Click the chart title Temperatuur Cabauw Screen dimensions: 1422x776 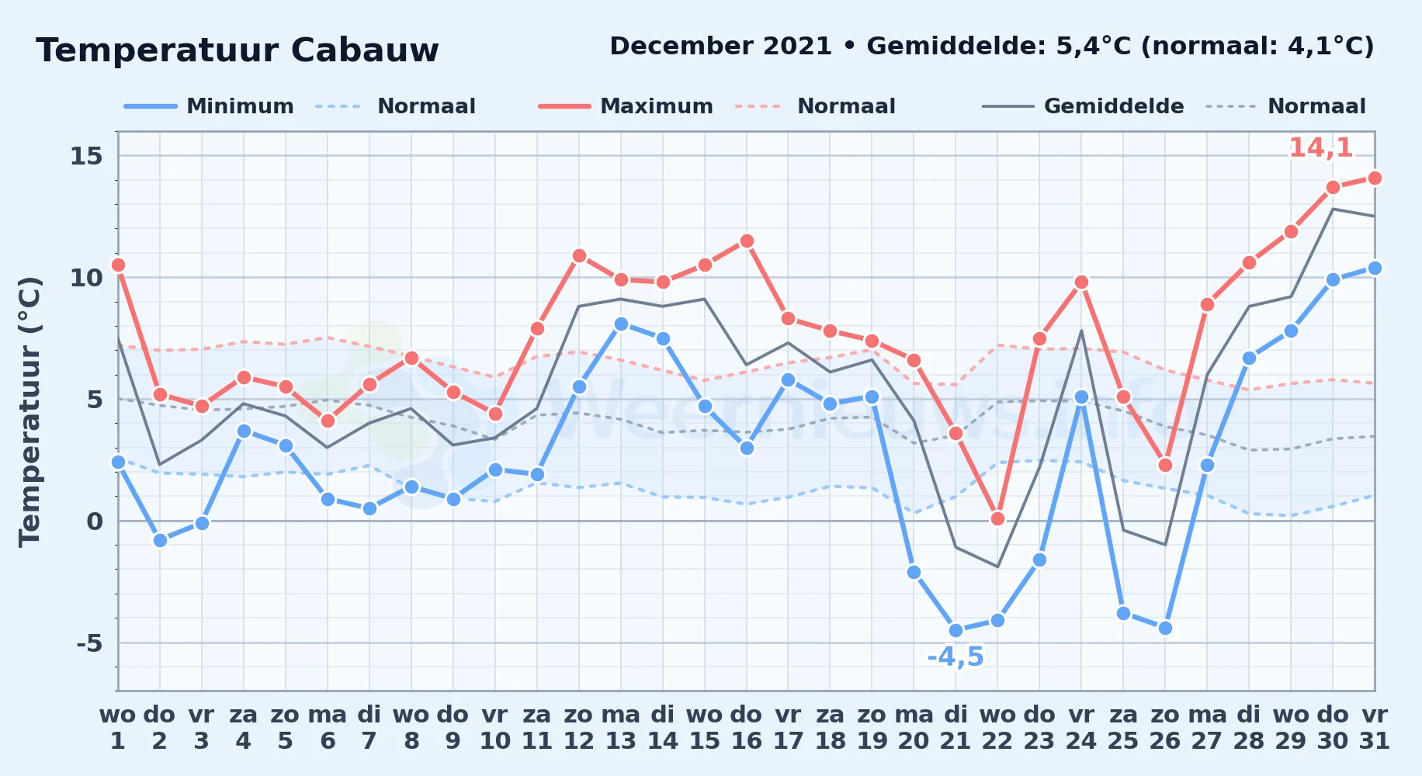click(x=238, y=50)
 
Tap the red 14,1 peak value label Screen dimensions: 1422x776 click(x=1320, y=147)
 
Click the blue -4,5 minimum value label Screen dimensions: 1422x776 click(x=956, y=657)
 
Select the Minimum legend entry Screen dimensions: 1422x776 click(x=210, y=106)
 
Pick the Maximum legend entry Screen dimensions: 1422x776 click(x=626, y=106)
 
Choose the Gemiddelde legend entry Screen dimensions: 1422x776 click(x=1084, y=106)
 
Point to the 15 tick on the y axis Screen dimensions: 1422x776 click(x=86, y=156)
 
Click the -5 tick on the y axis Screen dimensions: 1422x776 click(x=89, y=643)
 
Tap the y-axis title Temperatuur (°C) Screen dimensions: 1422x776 click(x=29, y=411)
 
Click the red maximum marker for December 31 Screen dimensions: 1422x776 click(x=1375, y=178)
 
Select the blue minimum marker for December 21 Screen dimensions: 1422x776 click(x=956, y=631)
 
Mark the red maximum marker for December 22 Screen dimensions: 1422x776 click(x=997, y=518)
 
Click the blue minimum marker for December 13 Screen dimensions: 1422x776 click(x=621, y=324)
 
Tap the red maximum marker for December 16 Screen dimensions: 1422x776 click(x=747, y=241)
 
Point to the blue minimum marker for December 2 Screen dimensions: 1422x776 click(x=160, y=540)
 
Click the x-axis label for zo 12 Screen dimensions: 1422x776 click(x=579, y=728)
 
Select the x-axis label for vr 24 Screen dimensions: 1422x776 click(x=1081, y=728)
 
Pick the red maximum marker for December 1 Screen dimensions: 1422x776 click(x=118, y=265)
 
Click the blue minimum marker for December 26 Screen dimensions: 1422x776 click(x=1165, y=629)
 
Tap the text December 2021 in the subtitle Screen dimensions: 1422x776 click(x=721, y=47)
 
